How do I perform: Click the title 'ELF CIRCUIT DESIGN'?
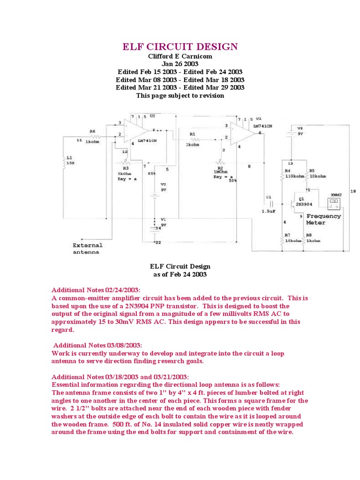click(x=180, y=46)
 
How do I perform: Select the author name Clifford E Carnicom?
click(x=180, y=56)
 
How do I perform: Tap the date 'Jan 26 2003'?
click(x=180, y=64)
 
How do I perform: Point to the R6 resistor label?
click(x=92, y=131)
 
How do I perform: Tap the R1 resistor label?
click(x=192, y=134)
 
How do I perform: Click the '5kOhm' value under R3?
click(x=125, y=173)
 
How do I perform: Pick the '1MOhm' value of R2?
click(x=221, y=172)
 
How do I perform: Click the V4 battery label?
click(x=300, y=127)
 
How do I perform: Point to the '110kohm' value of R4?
click(x=295, y=176)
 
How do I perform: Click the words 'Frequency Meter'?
click(x=323, y=219)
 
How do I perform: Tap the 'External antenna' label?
click(x=87, y=248)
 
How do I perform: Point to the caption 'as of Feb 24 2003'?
click(x=180, y=274)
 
